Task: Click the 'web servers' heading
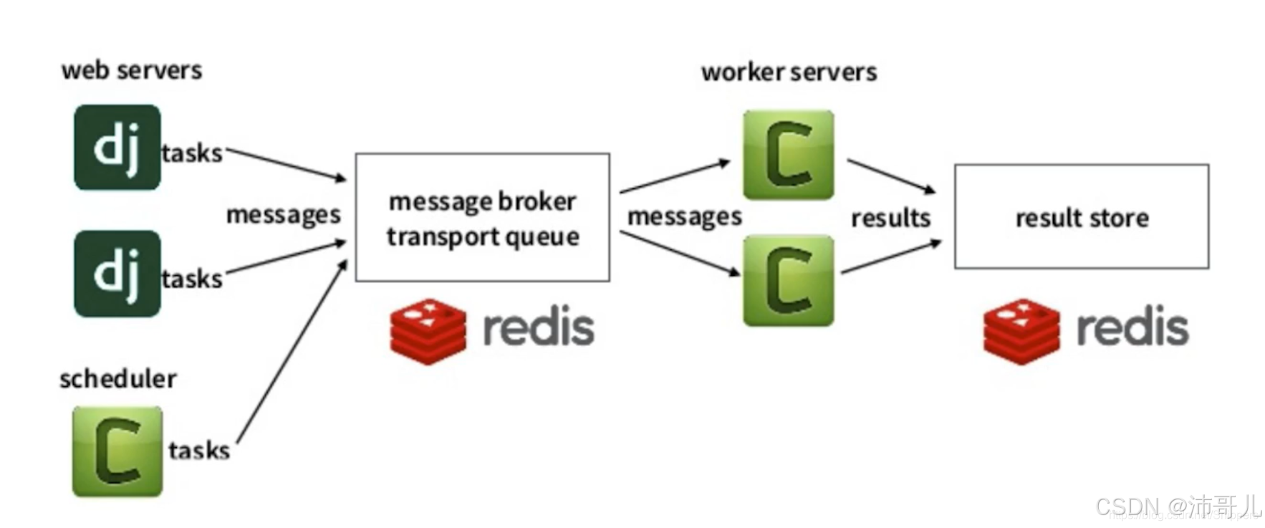(x=132, y=70)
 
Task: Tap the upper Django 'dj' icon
(x=117, y=148)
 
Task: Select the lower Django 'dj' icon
(x=117, y=274)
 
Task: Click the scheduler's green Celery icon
(x=117, y=451)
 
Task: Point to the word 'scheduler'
(x=117, y=378)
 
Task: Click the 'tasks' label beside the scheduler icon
(x=198, y=451)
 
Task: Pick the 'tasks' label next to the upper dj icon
(x=191, y=153)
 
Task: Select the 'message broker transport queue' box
(x=482, y=217)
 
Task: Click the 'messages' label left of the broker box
(x=283, y=215)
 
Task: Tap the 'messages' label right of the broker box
(x=684, y=216)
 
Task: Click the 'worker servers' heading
(x=789, y=72)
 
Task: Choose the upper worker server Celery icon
(x=788, y=155)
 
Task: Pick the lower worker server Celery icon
(x=788, y=281)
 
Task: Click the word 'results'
(x=890, y=218)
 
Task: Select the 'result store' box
(x=1081, y=217)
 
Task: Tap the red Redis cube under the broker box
(x=428, y=330)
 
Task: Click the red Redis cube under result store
(x=1021, y=330)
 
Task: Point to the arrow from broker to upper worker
(x=673, y=177)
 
